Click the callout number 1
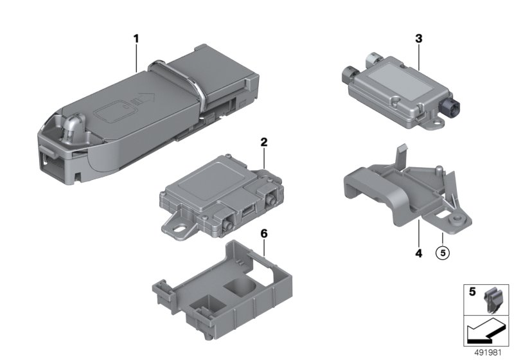point(136,39)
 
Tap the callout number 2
point(264,142)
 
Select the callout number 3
point(419,39)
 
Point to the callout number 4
point(419,253)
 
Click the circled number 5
point(443,253)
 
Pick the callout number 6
point(264,234)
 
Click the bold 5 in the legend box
point(472,291)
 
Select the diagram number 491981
point(488,353)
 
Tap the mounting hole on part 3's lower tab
point(435,124)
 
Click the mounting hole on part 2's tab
point(179,226)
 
